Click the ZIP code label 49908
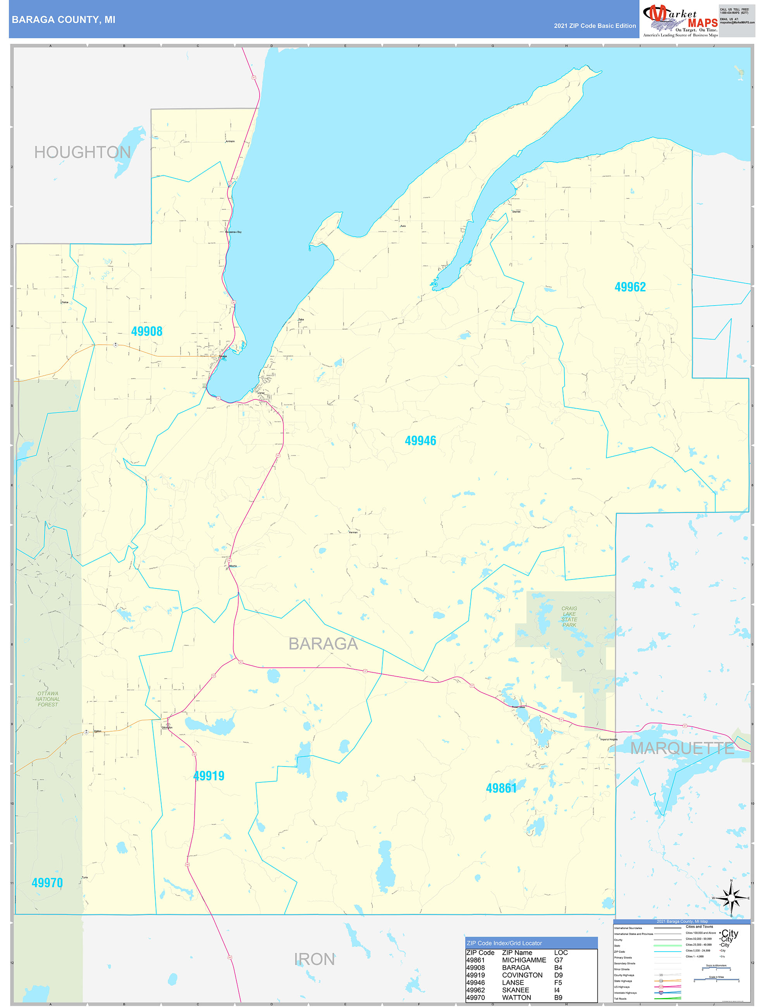point(146,332)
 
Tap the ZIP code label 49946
point(420,441)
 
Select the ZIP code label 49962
point(630,287)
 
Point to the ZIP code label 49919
point(208,776)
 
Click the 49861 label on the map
point(501,788)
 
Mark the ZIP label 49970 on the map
point(47,883)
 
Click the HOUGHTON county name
point(83,153)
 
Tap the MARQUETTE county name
point(682,748)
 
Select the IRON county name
point(314,960)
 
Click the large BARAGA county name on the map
point(323,644)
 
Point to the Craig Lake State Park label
point(569,617)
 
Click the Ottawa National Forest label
point(48,699)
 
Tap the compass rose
point(731,898)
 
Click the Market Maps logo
point(680,19)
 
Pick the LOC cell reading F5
point(558,983)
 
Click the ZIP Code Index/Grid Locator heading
point(504,943)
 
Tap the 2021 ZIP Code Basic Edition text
point(595,26)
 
